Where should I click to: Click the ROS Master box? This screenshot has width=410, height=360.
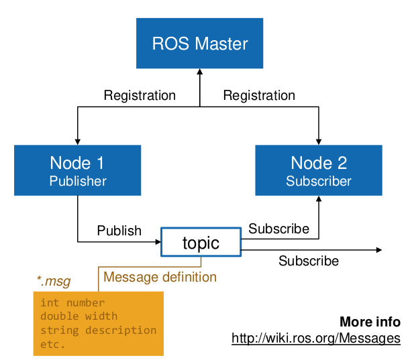pyautogui.click(x=199, y=43)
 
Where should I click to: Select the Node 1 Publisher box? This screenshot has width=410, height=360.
pyautogui.click(x=77, y=170)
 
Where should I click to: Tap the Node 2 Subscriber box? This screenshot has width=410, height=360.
pyautogui.click(x=319, y=170)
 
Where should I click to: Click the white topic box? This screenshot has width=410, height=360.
pyautogui.click(x=201, y=242)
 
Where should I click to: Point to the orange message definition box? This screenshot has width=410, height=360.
pyautogui.click(x=99, y=323)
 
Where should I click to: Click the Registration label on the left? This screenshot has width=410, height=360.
pyautogui.click(x=140, y=95)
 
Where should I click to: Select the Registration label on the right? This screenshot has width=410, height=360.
pyautogui.click(x=259, y=95)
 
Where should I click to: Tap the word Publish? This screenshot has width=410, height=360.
pyautogui.click(x=119, y=231)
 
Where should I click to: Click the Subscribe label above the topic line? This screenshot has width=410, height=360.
pyautogui.click(x=278, y=229)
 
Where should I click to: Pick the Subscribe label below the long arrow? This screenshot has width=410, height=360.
pyautogui.click(x=309, y=261)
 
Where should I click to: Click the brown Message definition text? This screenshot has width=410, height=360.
pyautogui.click(x=160, y=277)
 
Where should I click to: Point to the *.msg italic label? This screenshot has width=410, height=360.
pyautogui.click(x=54, y=281)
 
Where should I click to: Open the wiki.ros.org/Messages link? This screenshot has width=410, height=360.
pyautogui.click(x=316, y=338)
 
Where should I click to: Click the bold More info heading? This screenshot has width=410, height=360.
pyautogui.click(x=370, y=322)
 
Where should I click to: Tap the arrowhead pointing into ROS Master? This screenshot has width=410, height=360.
pyautogui.click(x=200, y=72)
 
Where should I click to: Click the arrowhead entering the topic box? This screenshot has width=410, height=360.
pyautogui.click(x=158, y=242)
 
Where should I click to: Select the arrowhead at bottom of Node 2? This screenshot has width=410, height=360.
pyautogui.click(x=319, y=199)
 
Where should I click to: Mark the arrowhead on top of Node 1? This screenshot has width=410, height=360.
pyautogui.click(x=78, y=142)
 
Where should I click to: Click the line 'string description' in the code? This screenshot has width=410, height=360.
pyautogui.click(x=99, y=331)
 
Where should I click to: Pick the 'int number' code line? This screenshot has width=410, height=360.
pyautogui.click(x=72, y=303)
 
